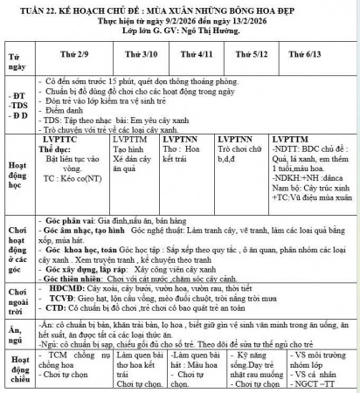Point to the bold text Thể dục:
tap(60, 149)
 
